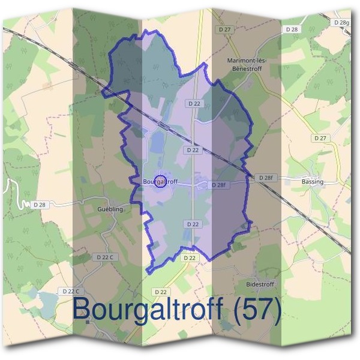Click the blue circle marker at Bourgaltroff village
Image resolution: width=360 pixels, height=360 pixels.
(160, 181)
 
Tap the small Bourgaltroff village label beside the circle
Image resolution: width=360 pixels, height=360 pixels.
(161, 181)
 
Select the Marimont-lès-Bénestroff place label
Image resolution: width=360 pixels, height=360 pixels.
(247, 64)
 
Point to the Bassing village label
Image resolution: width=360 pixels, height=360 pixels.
(312, 181)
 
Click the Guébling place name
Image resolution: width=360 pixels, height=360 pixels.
(110, 209)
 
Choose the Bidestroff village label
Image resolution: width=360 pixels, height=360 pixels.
(260, 283)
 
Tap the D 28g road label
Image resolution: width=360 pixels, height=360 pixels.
(340, 23)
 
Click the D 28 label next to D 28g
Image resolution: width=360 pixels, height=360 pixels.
(292, 29)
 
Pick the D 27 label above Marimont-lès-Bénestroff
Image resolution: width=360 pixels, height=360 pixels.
(225, 29)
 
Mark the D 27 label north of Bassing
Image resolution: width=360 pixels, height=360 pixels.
(320, 138)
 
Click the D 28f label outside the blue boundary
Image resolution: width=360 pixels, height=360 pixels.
(265, 178)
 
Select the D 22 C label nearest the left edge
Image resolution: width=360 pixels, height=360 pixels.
(70, 291)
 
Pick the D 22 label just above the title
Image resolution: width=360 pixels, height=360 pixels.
(160, 292)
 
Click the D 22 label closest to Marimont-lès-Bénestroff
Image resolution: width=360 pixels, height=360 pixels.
(193, 104)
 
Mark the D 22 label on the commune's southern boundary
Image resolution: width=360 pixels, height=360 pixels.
(189, 257)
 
